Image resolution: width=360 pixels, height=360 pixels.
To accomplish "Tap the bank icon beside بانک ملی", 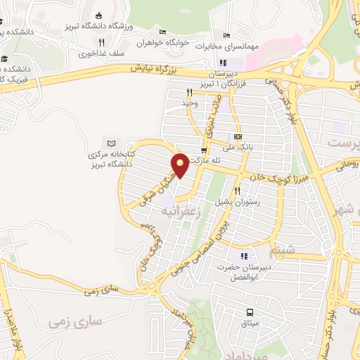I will point(237,136).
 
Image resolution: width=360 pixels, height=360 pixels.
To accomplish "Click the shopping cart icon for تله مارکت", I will point(204,150).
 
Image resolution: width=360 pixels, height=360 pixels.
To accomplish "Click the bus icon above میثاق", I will point(249,312).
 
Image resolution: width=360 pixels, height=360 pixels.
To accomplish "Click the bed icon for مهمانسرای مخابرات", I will point(226,36).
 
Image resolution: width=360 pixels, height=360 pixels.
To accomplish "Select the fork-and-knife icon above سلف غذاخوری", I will point(101,42).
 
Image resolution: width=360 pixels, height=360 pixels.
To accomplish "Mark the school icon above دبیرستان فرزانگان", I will point(223,62).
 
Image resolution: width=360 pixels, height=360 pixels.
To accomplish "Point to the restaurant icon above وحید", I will point(188,92).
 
